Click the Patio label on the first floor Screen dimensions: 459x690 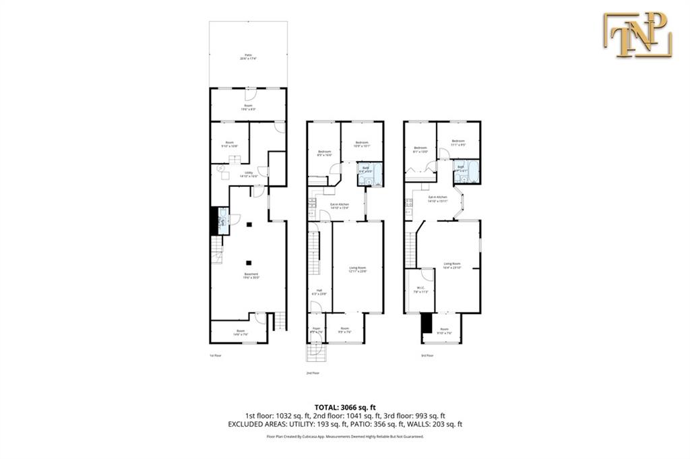pyautogui.click(x=247, y=57)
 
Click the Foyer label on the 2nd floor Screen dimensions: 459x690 pyautogui.click(x=315, y=330)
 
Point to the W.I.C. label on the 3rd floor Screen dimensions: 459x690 pyautogui.click(x=420, y=290)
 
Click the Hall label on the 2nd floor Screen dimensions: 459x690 pyautogui.click(x=316, y=292)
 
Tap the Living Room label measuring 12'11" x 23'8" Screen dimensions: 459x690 pyautogui.click(x=358, y=270)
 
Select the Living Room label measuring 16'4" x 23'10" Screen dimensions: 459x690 pyautogui.click(x=451, y=265)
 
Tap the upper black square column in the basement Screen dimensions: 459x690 pyautogui.click(x=249, y=224)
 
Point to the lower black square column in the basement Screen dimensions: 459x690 pyautogui.click(x=249, y=263)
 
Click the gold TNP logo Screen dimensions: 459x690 pyautogui.click(x=637, y=34)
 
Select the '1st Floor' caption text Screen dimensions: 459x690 pyautogui.click(x=215, y=355)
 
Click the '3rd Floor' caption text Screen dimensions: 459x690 pyautogui.click(x=427, y=355)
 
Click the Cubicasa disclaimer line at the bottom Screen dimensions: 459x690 pyautogui.click(x=344, y=437)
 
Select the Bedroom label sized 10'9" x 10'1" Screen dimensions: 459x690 pyautogui.click(x=362, y=144)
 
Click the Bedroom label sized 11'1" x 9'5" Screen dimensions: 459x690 pyautogui.click(x=458, y=142)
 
